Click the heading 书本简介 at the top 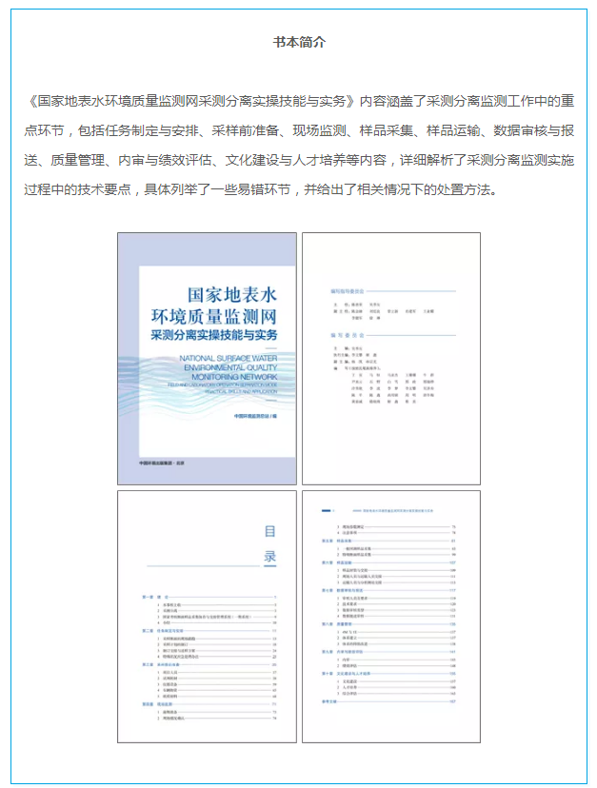click(x=298, y=42)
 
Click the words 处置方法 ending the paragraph click(x=465, y=188)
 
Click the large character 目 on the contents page click(x=270, y=532)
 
